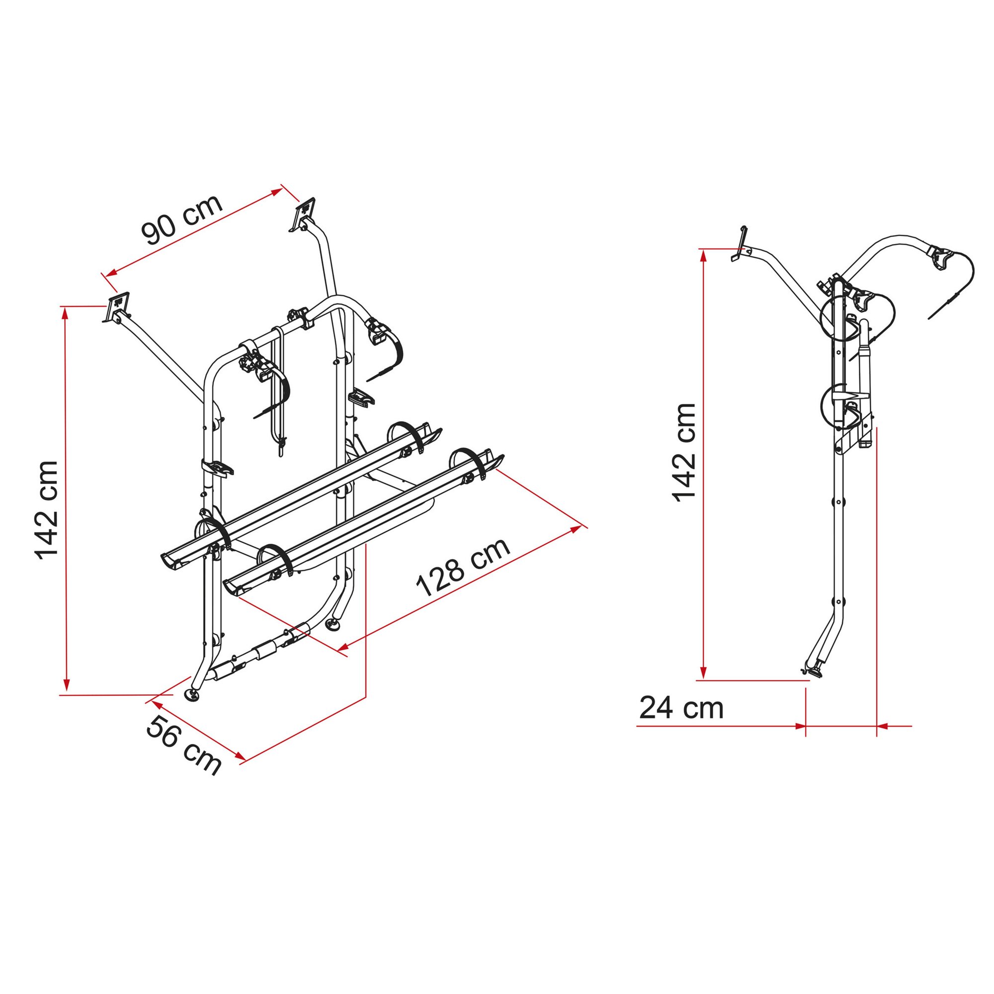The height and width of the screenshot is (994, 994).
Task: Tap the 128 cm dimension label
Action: click(463, 567)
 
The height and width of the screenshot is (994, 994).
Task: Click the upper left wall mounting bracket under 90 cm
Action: click(117, 308)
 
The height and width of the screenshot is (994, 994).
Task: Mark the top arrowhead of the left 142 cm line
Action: click(65, 313)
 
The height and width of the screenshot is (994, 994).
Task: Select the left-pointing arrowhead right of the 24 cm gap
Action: click(883, 727)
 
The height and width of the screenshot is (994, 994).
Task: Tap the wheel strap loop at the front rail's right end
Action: click(470, 464)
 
